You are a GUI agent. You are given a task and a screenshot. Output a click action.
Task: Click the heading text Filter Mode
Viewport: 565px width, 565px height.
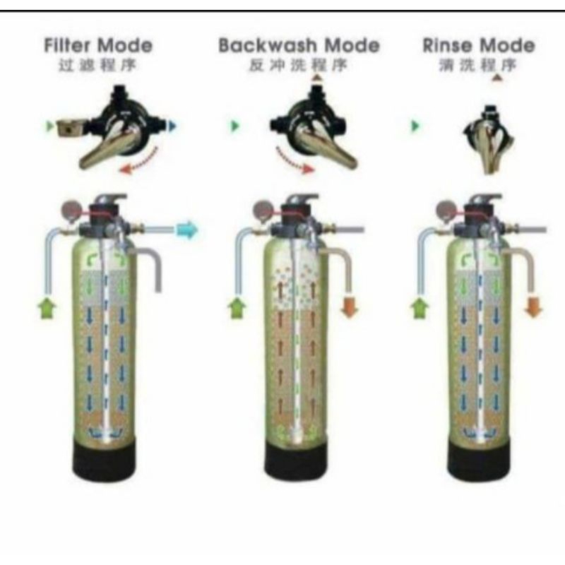pyautogui.click(x=97, y=46)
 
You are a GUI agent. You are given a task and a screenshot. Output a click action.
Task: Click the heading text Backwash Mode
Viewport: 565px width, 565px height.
pyautogui.click(x=299, y=47)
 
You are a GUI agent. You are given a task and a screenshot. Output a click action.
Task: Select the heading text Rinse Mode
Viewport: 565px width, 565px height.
pyautogui.click(x=478, y=46)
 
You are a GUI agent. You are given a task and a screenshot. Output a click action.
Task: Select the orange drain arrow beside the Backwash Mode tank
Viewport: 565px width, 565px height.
pyautogui.click(x=350, y=307)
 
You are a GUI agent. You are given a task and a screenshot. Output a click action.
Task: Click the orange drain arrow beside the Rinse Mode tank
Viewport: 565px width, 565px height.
pyautogui.click(x=533, y=307)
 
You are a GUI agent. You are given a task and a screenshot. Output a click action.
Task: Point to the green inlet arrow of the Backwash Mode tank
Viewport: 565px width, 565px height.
pyautogui.click(x=234, y=308)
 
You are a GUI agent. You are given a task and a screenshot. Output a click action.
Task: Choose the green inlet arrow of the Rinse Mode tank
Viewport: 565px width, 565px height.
pyautogui.click(x=419, y=308)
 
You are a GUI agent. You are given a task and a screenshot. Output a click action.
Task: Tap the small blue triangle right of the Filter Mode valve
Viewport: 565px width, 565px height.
pyautogui.click(x=173, y=126)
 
